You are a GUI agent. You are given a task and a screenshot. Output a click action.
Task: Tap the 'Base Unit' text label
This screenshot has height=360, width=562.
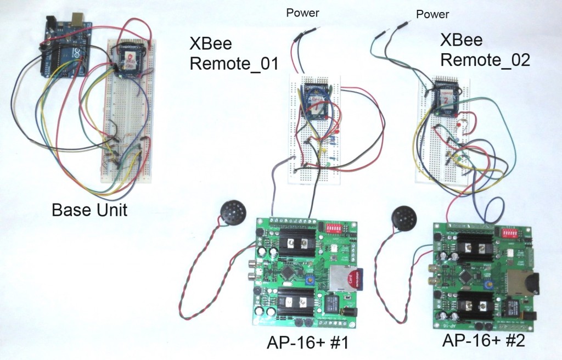click(89, 210)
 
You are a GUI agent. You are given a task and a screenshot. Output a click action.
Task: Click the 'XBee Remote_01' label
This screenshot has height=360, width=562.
click(234, 53)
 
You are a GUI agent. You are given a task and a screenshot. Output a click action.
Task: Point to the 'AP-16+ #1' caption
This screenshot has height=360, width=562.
click(308, 344)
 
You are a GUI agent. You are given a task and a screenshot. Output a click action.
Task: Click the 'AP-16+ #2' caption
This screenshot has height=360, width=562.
click(484, 341)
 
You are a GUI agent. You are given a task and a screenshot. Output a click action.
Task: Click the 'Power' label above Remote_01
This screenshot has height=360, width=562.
click(302, 13)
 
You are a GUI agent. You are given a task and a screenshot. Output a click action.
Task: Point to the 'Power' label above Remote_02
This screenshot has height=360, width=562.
click(432, 14)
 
